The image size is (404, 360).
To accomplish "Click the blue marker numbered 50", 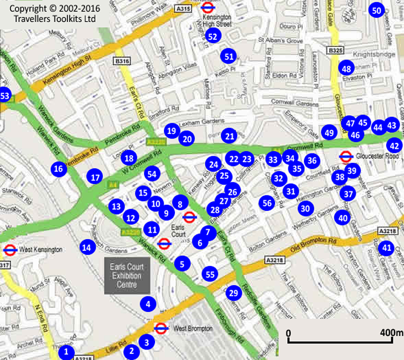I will [x=377, y=11].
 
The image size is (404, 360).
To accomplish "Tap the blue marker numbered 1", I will [x=66, y=351].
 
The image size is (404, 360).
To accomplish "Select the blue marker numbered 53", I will [x=4, y=95].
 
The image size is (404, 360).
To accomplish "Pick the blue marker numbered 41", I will [x=386, y=248].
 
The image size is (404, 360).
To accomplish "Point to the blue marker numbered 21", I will [x=229, y=136].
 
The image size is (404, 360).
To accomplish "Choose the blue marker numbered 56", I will [x=267, y=203].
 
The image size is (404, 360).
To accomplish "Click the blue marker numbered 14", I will [x=86, y=247].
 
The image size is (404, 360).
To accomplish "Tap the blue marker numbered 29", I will [x=234, y=293].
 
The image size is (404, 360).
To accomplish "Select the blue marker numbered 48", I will [x=346, y=69].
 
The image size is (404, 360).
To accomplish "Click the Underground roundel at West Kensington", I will [x=9, y=250].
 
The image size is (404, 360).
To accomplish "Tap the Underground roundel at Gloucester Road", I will [x=346, y=157].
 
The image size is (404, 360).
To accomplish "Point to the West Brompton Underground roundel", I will [x=161, y=328].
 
